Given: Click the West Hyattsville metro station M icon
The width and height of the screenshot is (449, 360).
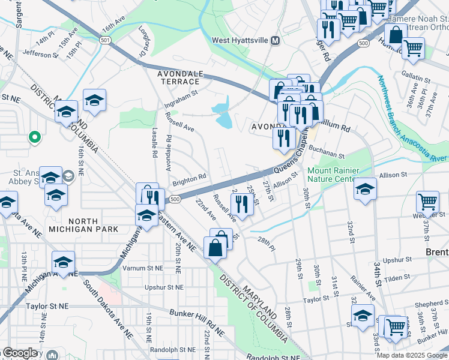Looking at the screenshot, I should pos(276,41).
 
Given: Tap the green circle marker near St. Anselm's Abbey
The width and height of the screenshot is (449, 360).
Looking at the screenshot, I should pos(35,137).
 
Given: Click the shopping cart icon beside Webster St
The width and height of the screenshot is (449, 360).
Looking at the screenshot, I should pos(427,201).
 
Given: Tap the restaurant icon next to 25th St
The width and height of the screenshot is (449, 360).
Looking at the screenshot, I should pos(241,203).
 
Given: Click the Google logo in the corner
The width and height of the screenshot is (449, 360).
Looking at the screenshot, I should pos(20,353).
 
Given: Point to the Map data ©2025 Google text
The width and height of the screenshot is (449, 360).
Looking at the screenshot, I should pos(412,355).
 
